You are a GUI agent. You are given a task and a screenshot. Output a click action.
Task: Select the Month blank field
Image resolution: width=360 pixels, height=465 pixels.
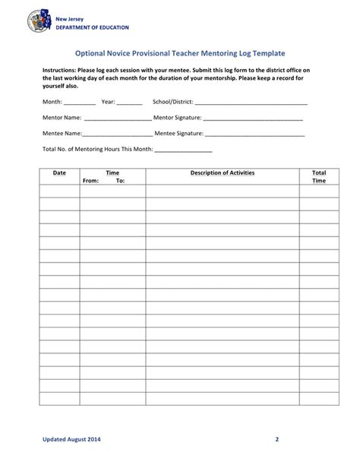tap(80, 102)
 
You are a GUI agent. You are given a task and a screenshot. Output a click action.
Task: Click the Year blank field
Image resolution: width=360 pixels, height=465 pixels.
tap(130, 102)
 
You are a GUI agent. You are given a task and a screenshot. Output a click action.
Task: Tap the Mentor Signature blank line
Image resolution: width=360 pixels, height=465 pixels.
tap(253, 119)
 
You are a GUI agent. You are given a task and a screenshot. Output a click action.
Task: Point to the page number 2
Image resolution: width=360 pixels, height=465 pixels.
tap(278, 440)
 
